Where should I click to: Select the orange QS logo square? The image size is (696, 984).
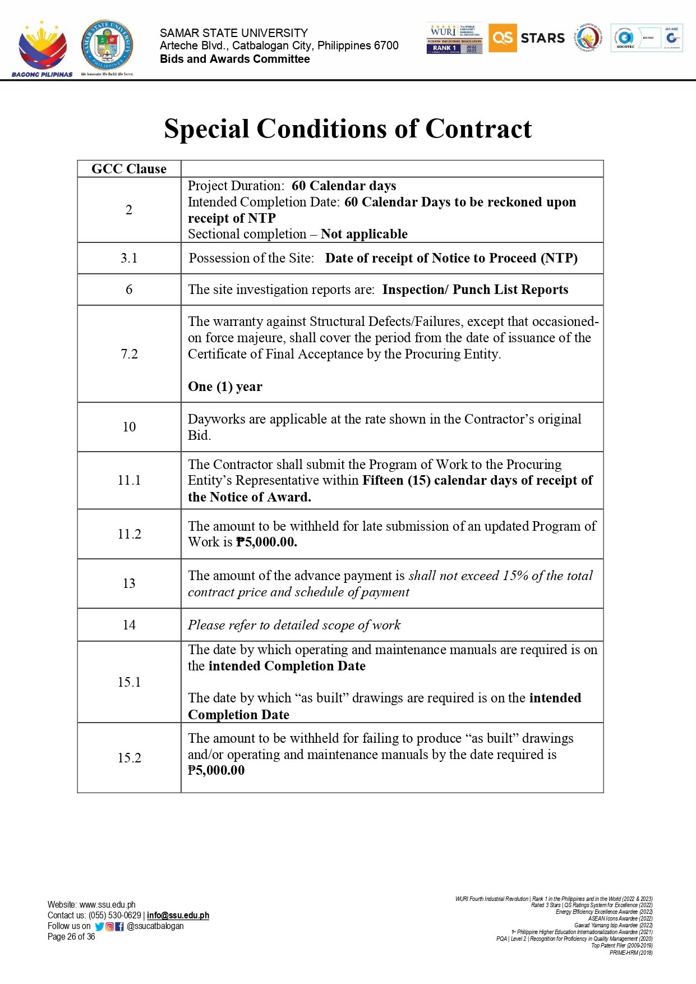[502, 38]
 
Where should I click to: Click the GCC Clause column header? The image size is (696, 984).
[129, 169]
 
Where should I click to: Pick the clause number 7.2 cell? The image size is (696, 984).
[129, 354]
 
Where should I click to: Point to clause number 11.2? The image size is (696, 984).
[129, 534]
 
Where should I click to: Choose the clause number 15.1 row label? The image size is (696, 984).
[129, 682]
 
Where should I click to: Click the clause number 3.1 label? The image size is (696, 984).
[129, 258]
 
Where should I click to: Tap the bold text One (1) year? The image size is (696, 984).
[225, 387]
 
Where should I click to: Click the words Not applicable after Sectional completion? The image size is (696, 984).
[364, 234]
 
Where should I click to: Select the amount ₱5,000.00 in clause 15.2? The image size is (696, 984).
[216, 770]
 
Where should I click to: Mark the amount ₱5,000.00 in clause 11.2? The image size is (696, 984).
[266, 542]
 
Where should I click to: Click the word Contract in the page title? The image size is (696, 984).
[478, 129]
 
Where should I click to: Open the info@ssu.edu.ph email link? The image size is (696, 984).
[178, 916]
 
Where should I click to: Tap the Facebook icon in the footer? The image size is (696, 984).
[119, 927]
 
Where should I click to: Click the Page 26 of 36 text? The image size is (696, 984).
[71, 937]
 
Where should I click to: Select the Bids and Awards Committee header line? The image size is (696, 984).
[234, 59]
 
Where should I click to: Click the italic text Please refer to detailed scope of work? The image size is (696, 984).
[294, 625]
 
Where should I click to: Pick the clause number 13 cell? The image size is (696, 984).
[129, 583]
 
